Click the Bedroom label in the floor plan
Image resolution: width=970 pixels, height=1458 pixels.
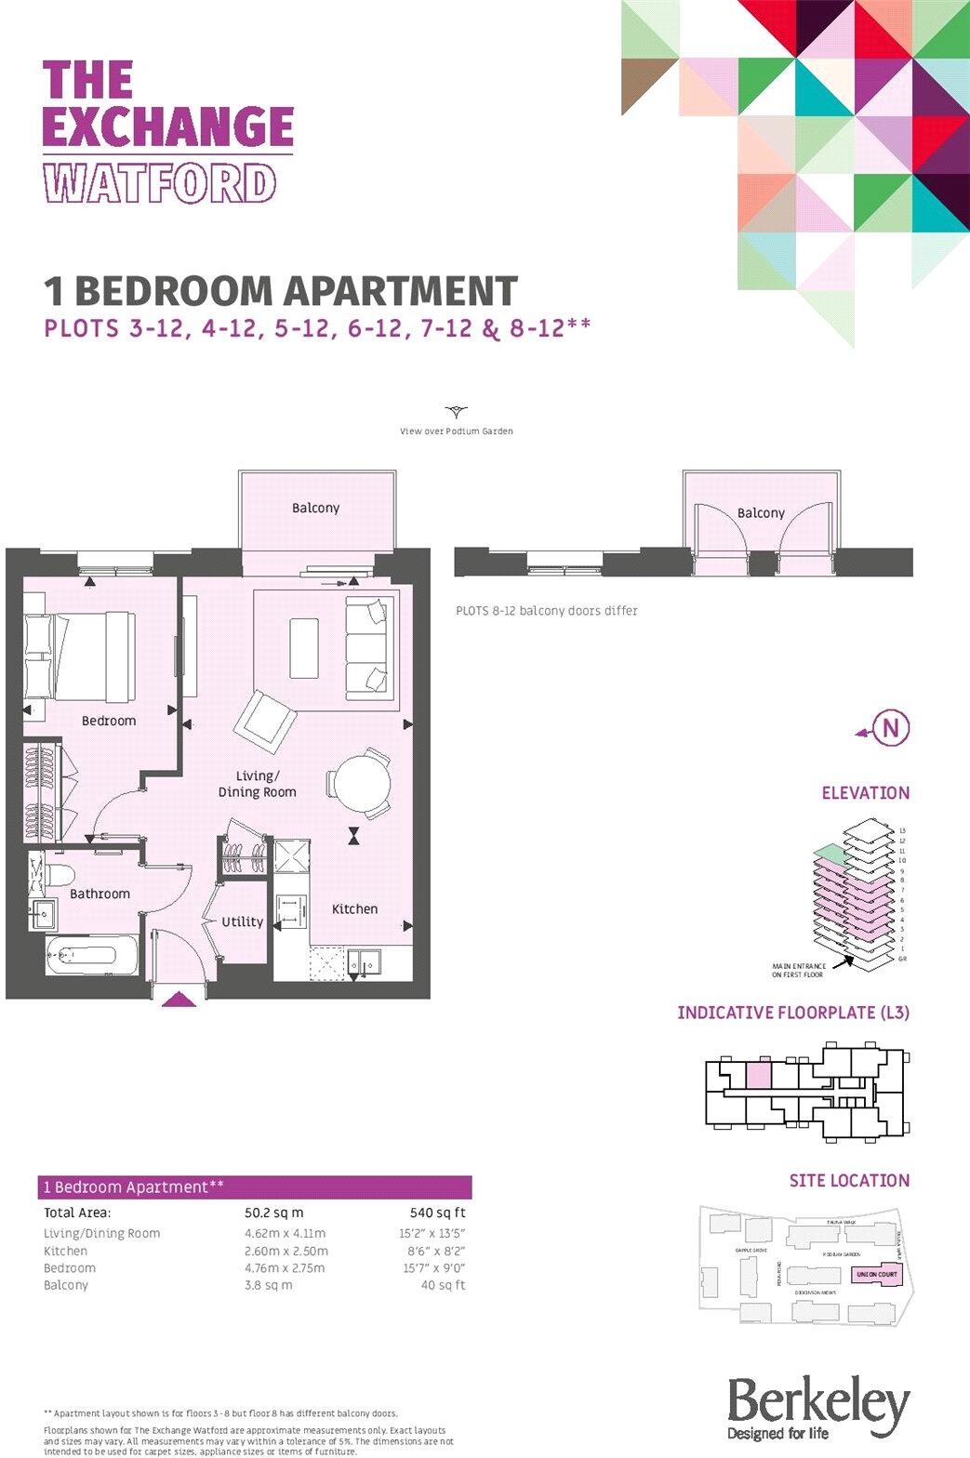(x=109, y=721)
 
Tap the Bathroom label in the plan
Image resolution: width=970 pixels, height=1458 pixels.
(x=100, y=894)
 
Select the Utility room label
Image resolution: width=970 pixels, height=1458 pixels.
(x=242, y=921)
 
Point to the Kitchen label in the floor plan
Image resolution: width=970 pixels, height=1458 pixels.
(x=354, y=908)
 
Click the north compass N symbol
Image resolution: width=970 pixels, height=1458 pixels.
(x=891, y=727)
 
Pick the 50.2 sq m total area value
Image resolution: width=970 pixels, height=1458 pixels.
(x=273, y=1213)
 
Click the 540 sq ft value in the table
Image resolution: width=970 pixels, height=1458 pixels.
(x=437, y=1213)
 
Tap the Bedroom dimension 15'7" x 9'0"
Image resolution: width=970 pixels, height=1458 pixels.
(x=433, y=1268)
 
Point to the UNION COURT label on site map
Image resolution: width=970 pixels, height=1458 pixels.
(x=876, y=1274)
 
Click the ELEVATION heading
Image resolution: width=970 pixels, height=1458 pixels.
(x=865, y=793)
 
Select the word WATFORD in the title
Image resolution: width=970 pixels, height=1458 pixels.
(x=160, y=183)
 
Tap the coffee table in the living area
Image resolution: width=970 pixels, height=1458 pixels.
(x=304, y=648)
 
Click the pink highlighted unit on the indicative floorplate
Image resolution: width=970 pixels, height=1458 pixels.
(x=759, y=1075)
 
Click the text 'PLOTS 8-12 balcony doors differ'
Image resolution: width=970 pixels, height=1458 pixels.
(x=546, y=611)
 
